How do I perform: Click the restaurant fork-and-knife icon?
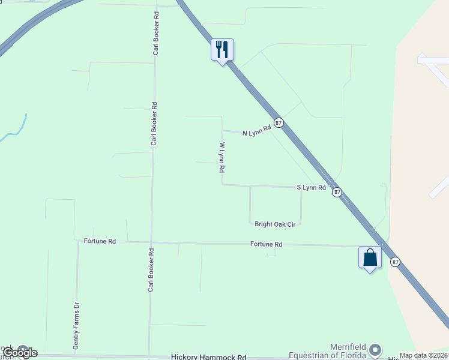tap(222, 49)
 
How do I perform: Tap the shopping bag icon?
tap(370, 257)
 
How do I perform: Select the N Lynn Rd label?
tap(257, 133)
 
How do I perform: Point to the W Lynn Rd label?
tap(221, 157)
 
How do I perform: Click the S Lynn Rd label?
tap(311, 188)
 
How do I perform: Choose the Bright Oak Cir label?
tap(275, 224)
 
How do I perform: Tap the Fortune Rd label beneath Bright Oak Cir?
tap(266, 244)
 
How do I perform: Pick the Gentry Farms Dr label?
tap(76, 326)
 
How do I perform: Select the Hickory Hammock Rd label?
tap(209, 356)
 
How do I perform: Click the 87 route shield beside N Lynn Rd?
tap(279, 122)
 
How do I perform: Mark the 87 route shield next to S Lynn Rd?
tap(337, 192)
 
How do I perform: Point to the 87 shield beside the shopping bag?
tap(395, 262)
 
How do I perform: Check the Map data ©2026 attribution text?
tap(423, 355)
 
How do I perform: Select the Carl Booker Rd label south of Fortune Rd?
tap(151, 271)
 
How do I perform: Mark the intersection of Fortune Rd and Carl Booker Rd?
tap(151, 242)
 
